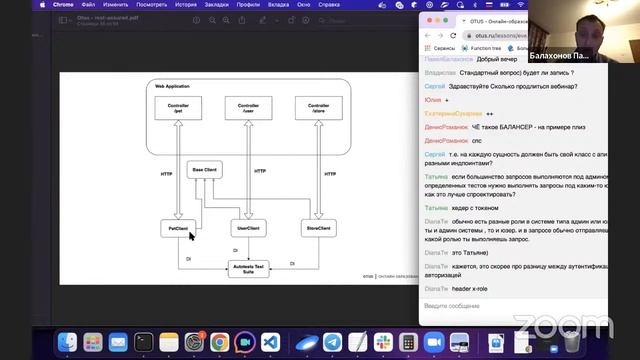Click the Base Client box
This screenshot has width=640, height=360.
204,169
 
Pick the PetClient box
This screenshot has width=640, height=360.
177,229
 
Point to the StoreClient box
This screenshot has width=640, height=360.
317,229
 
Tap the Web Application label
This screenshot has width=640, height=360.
173,87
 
